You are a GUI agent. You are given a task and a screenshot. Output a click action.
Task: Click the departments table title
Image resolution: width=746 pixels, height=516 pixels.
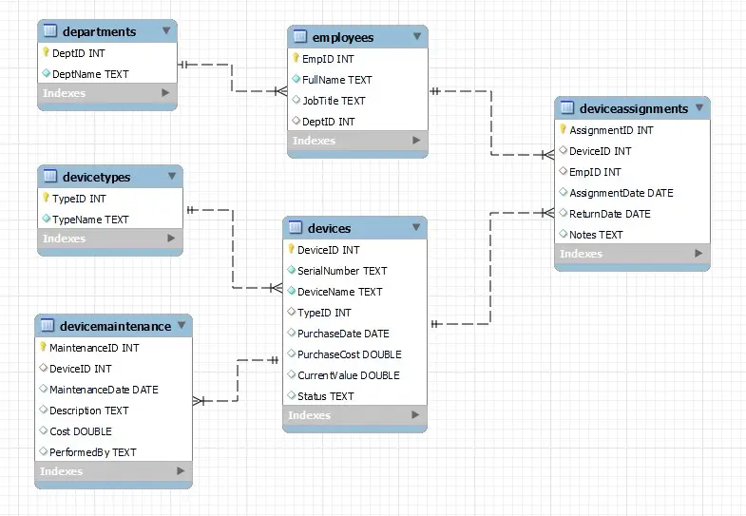coord(99,31)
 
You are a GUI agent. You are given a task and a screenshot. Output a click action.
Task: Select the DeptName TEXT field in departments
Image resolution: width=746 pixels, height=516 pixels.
coord(90,73)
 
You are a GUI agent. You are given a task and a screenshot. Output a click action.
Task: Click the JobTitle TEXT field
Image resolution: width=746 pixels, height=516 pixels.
coord(333,101)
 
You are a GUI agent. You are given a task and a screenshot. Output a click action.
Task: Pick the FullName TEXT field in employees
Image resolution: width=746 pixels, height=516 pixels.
coord(336,80)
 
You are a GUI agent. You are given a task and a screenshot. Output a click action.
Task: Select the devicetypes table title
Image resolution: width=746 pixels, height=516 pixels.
coord(96,177)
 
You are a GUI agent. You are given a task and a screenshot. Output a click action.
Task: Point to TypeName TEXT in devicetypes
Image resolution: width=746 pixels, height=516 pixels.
coord(90,220)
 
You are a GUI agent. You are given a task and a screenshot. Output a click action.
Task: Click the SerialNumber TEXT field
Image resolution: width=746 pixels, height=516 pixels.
coord(342,271)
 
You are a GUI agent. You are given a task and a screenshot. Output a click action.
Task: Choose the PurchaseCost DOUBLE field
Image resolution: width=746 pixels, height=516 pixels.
coord(349,354)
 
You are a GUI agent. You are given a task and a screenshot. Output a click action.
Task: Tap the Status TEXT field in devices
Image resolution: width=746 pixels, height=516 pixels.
coord(325,396)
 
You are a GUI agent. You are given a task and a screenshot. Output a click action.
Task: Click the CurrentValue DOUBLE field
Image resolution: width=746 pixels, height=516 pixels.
coord(348,375)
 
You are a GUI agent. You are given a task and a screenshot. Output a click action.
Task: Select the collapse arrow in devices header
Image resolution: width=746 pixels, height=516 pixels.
coord(416,228)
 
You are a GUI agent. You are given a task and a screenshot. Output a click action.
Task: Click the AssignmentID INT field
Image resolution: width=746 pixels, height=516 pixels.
coord(611,130)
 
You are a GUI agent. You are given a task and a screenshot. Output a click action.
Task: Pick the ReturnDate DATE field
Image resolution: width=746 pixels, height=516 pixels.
coord(609,214)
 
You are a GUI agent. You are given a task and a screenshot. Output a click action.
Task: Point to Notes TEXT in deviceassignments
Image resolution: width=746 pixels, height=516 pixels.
coord(596,235)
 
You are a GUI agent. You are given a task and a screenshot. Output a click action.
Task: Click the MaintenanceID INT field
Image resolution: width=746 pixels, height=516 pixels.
coord(94,348)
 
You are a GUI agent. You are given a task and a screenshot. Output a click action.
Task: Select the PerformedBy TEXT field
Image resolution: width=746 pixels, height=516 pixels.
coord(92,452)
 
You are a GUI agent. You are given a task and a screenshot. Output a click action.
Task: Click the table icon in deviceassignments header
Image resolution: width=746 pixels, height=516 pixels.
coord(567,108)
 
